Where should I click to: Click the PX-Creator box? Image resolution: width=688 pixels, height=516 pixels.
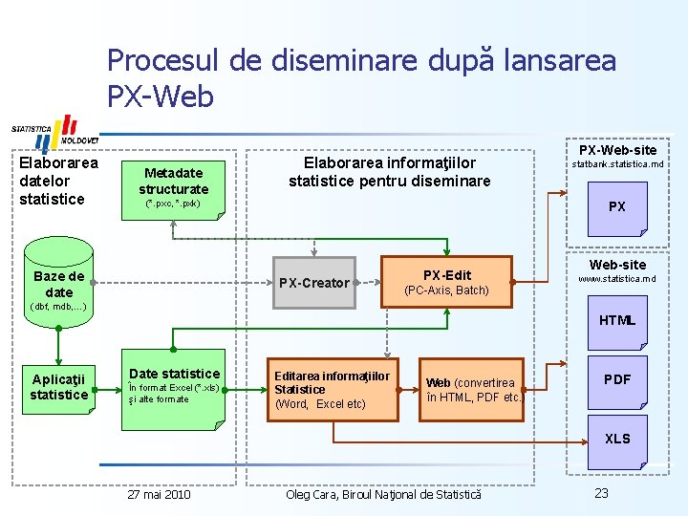(x=312, y=283)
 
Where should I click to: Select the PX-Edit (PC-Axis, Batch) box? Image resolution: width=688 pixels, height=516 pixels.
(x=446, y=282)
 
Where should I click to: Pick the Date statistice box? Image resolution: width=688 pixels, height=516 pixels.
(x=174, y=385)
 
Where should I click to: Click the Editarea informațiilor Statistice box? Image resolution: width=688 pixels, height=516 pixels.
(x=332, y=389)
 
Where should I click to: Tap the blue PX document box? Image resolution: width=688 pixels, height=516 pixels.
(x=617, y=206)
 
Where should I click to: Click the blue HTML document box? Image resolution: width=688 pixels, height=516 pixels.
(x=617, y=320)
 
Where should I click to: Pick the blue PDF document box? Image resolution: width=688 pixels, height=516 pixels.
(x=617, y=379)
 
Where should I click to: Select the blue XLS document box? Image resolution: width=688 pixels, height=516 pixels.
(x=617, y=439)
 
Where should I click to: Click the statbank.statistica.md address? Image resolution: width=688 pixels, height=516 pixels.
(x=617, y=165)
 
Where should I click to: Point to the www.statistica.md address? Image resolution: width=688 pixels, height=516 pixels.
(x=617, y=279)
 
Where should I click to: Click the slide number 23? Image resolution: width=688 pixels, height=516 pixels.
(x=601, y=493)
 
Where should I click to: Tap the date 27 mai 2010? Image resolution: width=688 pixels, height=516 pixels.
(x=159, y=494)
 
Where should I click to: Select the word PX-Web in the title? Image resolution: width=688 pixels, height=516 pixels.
(x=161, y=97)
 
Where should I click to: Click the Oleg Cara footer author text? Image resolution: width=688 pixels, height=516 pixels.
(x=384, y=494)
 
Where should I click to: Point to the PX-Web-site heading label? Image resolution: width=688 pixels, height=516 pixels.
(x=617, y=150)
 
